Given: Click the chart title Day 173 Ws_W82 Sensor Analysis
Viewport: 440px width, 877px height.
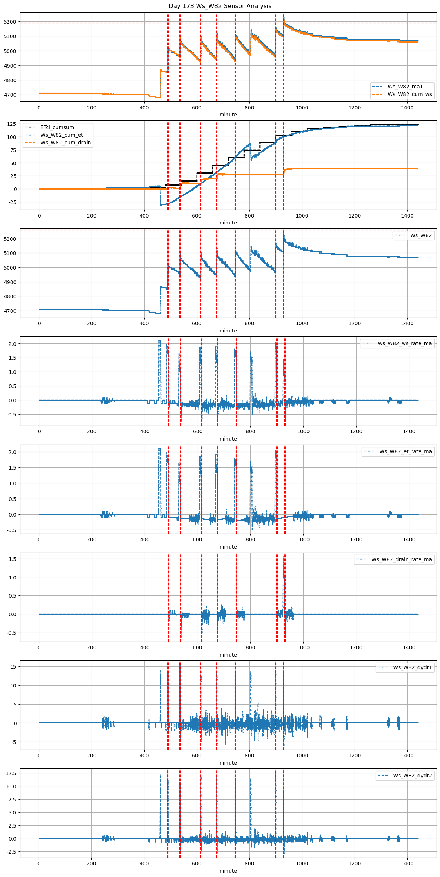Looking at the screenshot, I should pyautogui.click(x=220, y=6).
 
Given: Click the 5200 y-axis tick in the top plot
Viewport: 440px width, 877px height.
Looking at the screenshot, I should pyautogui.click(x=11, y=22).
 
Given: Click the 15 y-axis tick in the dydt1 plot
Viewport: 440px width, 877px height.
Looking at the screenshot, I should pyautogui.click(x=14, y=667).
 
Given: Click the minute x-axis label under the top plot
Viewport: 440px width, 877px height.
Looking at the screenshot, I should pyautogui.click(x=228, y=115).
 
